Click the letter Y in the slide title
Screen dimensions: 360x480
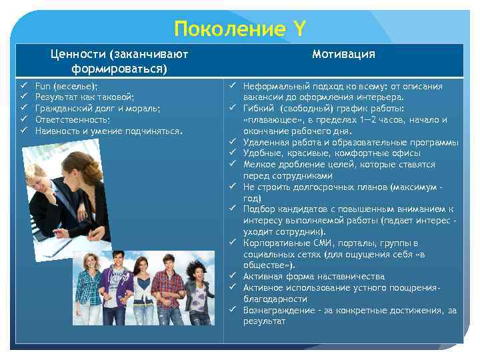click(299, 29)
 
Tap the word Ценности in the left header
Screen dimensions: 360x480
click(78, 55)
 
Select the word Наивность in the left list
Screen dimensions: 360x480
click(58, 131)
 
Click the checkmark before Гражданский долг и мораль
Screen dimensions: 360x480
click(22, 109)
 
